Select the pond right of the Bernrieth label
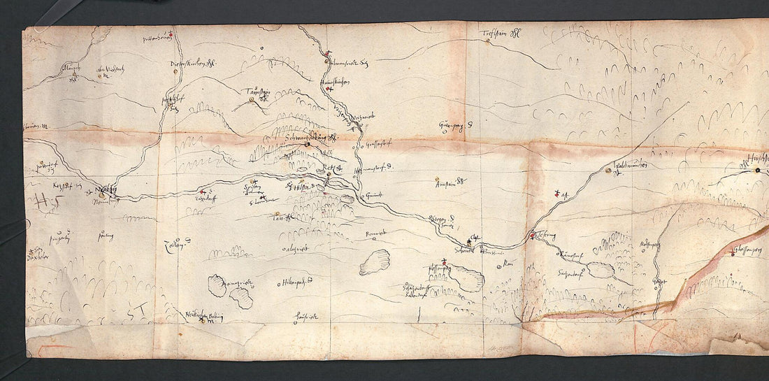point(375,262)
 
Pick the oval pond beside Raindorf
point(601,270)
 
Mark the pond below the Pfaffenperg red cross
point(466,278)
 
